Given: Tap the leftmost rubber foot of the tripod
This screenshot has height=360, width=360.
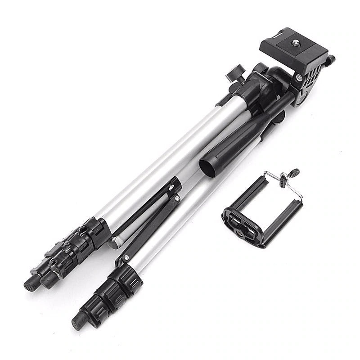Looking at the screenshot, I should [30, 283].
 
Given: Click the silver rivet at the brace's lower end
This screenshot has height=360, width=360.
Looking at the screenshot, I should [127, 258].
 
